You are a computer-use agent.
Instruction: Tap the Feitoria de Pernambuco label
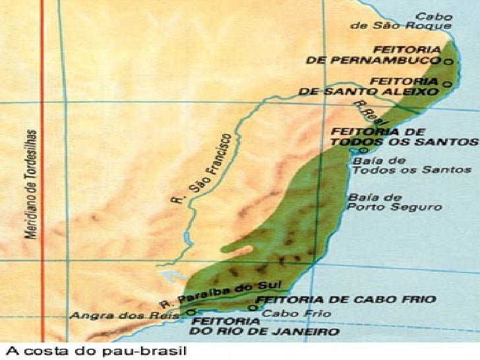click(x=373, y=55)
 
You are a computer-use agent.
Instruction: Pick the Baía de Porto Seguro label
click(x=395, y=202)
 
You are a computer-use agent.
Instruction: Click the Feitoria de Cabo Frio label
click(x=345, y=299)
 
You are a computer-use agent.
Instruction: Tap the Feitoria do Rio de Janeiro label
click(x=267, y=326)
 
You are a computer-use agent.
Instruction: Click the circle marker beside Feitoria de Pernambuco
click(x=448, y=61)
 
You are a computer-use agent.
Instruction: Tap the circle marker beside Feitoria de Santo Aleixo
click(x=448, y=84)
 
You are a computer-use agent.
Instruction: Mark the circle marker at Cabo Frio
click(x=253, y=307)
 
